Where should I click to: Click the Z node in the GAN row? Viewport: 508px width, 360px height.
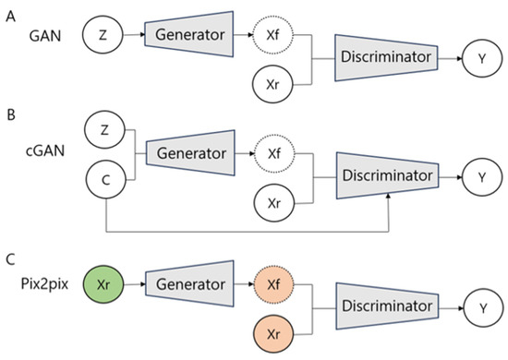pyautogui.click(x=104, y=35)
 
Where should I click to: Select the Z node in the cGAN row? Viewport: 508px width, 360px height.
pyautogui.click(x=104, y=130)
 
